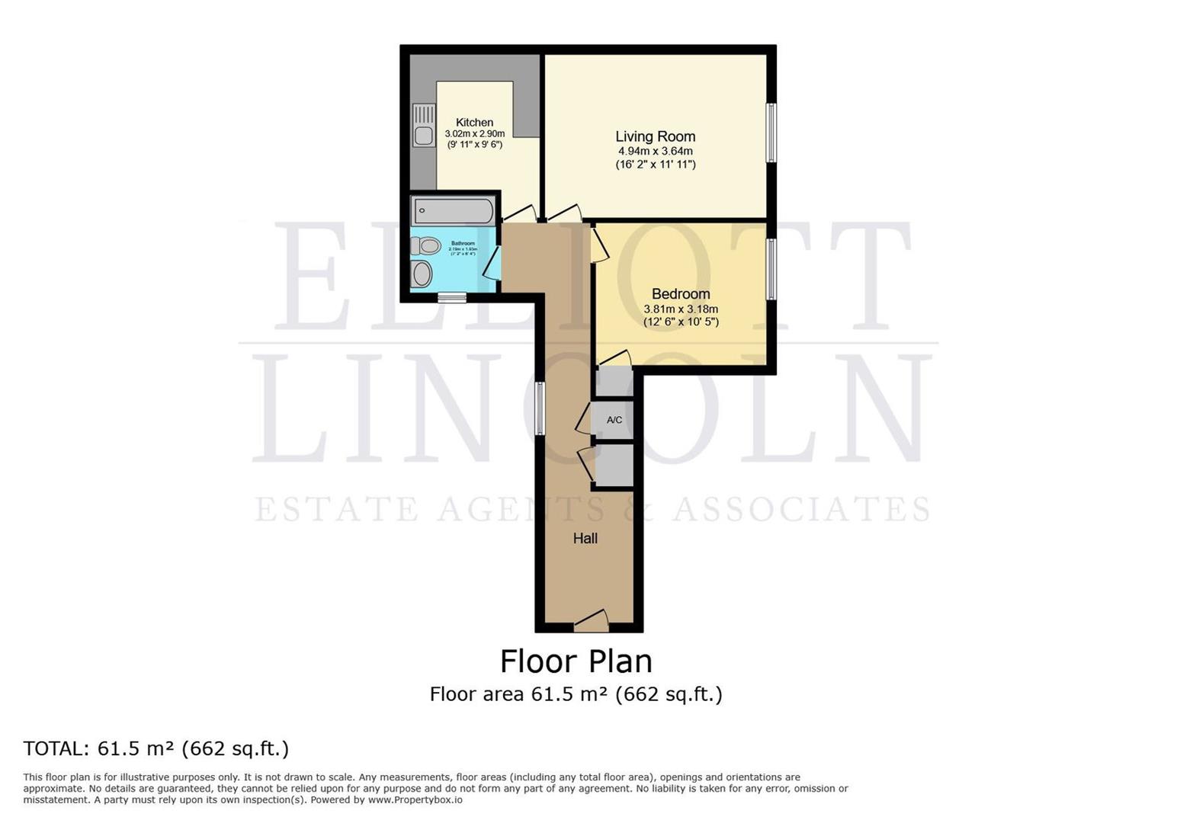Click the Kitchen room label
coord(474,122)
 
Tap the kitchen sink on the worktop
coord(423,126)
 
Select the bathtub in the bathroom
coord(452,210)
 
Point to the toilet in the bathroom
coord(426,245)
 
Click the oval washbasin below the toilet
coord(422,274)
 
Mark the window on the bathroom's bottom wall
coord(451,298)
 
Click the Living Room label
coord(655,136)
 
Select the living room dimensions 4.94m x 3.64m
coord(655,151)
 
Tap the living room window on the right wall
coord(771,132)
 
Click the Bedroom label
coord(680,294)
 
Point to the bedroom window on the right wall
coord(771,269)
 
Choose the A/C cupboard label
coord(614,420)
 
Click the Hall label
coord(585,538)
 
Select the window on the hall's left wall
coord(539,408)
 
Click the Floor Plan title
coord(576,661)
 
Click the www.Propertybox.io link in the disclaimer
coord(415,799)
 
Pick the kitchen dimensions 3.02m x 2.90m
coord(474,133)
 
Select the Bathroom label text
coord(462,243)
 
